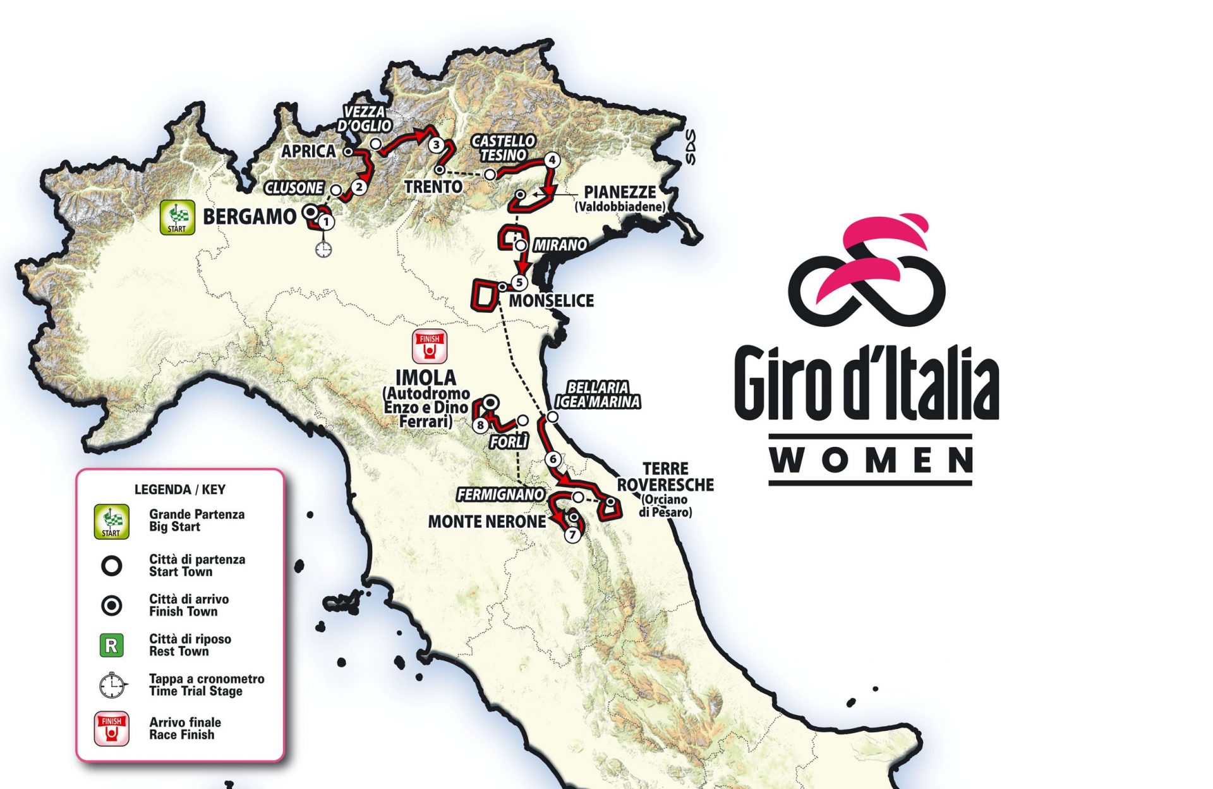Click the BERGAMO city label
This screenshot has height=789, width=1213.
pos(250,217)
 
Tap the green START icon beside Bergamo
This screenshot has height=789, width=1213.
pos(177,217)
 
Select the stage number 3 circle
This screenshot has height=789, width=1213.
pos(436,145)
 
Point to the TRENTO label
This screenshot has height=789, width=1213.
pos(433,187)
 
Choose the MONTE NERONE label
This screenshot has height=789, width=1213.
pos(486,522)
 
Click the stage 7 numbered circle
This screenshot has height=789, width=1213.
pos(572,535)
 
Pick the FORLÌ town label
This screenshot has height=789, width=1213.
pos(509,443)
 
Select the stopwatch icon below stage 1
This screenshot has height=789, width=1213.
pos(323,249)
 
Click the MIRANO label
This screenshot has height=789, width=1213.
pos(560,245)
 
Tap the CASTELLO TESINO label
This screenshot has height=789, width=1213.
pos(504,148)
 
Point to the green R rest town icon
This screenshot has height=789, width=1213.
pos(112,645)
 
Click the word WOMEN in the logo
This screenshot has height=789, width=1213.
pos(870,460)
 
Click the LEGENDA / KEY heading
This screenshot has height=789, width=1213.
pos(179,489)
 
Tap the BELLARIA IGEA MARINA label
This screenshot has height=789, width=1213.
pos(598,395)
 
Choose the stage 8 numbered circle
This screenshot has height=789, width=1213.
pos(480,425)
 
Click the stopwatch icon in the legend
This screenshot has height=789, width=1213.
pos(112,685)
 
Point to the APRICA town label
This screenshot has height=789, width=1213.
pos(308,151)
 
